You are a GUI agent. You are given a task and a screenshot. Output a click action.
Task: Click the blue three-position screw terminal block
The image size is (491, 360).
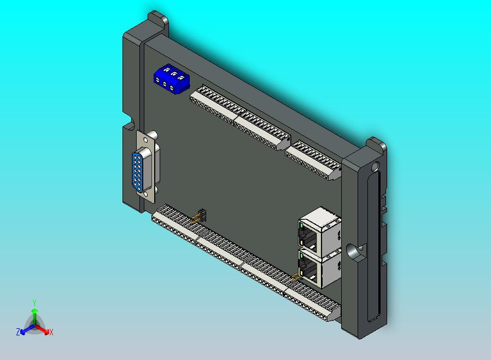[172, 78]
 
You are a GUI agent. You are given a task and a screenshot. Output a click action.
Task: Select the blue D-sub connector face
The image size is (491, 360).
[138, 171]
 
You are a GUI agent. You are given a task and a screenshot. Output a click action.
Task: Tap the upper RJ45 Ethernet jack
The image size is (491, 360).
[319, 232]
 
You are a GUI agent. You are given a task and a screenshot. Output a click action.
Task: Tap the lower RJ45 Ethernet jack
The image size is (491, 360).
[319, 269]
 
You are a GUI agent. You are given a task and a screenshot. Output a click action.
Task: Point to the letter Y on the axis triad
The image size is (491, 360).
[34, 303]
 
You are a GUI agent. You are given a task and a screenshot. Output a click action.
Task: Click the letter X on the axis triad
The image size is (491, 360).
[51, 332]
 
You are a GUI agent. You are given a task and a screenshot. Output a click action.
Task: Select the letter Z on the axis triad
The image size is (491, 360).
[18, 332]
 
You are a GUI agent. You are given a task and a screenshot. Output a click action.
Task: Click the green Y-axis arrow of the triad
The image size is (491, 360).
[34, 316]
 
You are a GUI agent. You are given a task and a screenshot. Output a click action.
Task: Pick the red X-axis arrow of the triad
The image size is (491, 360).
[42, 329]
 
